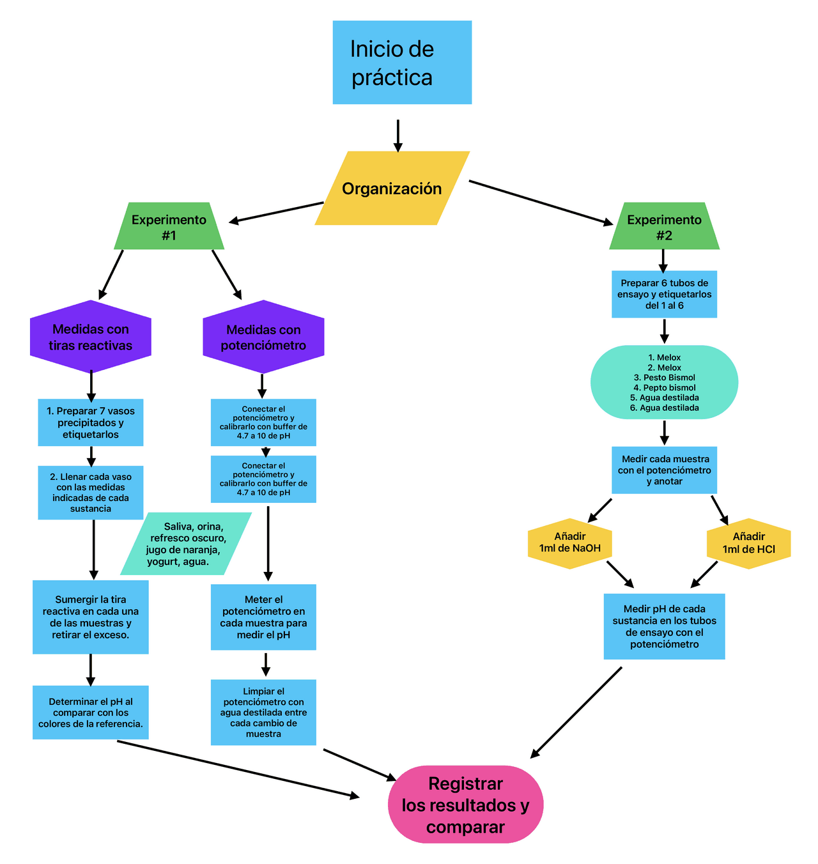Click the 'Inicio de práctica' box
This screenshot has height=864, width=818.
(402, 63)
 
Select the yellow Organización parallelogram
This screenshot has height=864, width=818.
(392, 189)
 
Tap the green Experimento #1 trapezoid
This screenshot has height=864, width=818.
(169, 227)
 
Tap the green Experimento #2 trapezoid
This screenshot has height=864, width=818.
(664, 227)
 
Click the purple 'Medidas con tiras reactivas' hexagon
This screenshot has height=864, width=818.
(91, 337)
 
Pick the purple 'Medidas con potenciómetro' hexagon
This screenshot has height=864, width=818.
(263, 337)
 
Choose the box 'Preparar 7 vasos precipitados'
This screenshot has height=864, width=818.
(91, 422)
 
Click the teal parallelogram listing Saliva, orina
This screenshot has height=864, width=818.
(186, 543)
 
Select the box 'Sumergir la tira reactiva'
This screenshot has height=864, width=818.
(91, 617)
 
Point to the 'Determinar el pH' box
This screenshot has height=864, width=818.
(91, 713)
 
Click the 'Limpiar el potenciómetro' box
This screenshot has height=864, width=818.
(263, 712)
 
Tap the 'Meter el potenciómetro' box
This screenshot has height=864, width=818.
(263, 617)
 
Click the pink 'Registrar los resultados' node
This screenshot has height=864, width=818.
(465, 805)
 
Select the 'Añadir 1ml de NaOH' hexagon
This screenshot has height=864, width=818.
(569, 543)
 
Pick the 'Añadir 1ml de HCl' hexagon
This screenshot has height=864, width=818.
(748, 543)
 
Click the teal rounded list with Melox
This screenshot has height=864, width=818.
(664, 382)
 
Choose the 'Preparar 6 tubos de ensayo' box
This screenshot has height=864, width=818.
(664, 294)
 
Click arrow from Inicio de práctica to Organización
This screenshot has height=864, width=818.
(398, 135)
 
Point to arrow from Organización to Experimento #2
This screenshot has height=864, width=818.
(540, 203)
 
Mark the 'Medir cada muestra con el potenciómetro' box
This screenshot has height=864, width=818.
(664, 470)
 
